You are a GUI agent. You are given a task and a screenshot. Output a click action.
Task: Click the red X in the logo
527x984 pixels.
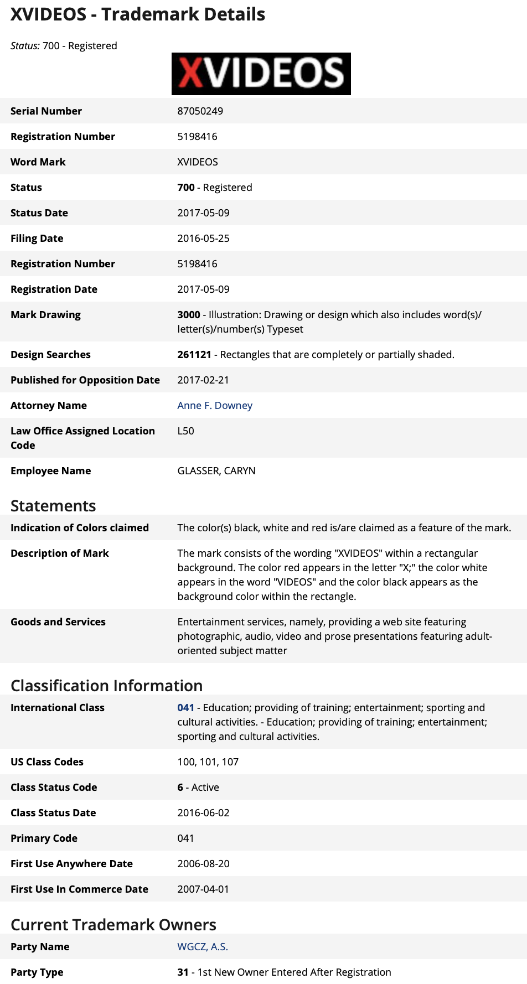(x=190, y=74)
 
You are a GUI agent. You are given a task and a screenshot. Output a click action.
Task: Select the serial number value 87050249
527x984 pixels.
(x=200, y=111)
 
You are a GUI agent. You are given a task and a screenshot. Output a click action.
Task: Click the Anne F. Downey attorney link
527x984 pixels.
(x=215, y=406)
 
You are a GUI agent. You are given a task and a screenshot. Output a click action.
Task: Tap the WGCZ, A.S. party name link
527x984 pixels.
(x=203, y=947)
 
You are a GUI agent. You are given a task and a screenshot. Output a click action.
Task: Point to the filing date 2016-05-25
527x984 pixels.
(x=203, y=239)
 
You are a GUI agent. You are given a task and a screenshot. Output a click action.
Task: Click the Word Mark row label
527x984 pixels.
(x=38, y=162)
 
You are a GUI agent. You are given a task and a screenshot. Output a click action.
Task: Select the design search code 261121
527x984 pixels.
(x=194, y=355)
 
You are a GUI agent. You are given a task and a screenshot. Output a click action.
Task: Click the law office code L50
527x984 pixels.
(x=185, y=431)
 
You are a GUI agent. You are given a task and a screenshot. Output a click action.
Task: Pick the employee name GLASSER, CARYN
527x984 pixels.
(x=216, y=471)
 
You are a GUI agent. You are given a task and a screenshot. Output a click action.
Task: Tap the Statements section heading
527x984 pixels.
(x=53, y=506)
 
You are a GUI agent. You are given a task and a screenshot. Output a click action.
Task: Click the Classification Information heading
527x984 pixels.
(x=106, y=686)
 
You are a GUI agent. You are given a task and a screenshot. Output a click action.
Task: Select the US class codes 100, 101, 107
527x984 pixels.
(x=208, y=762)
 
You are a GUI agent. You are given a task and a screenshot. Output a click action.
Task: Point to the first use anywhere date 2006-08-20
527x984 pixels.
(x=203, y=864)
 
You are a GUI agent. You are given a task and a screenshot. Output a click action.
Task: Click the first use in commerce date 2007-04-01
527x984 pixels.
(x=203, y=889)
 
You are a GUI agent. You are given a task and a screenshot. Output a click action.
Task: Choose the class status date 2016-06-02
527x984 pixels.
(x=203, y=813)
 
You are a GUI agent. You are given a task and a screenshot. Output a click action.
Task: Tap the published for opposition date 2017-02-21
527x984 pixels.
(x=203, y=380)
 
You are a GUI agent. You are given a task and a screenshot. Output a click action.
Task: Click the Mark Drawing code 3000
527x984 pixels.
(x=188, y=315)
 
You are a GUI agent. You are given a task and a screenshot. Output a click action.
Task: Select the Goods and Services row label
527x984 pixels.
(x=58, y=622)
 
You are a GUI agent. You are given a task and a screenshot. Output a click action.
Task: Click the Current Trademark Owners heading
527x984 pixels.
(x=113, y=925)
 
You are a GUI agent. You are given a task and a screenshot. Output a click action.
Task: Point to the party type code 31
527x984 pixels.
(x=183, y=972)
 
